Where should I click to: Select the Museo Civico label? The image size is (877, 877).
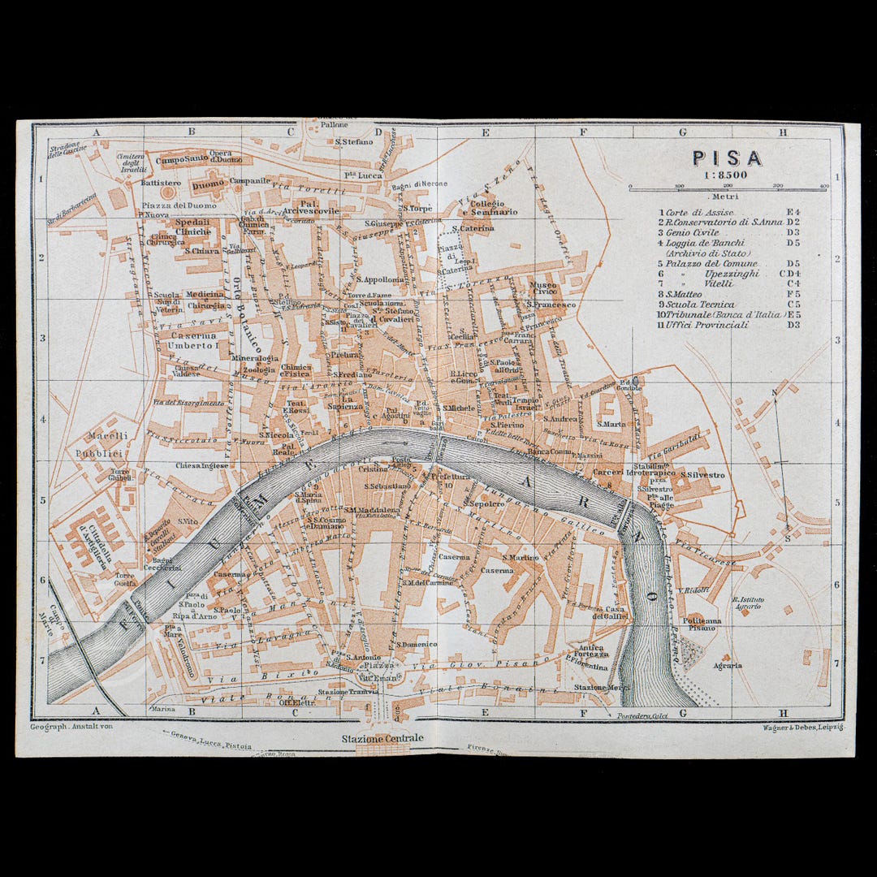pyautogui.click(x=543, y=287)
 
